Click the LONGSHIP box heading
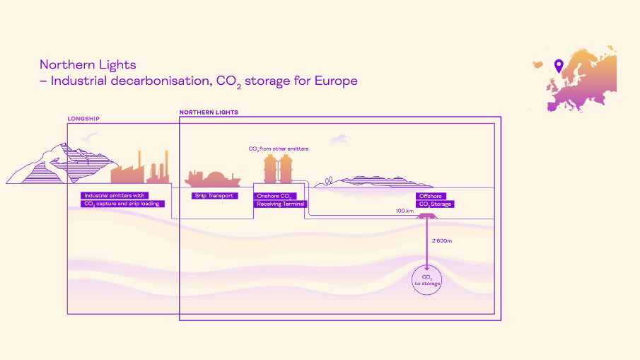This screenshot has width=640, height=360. [83, 119]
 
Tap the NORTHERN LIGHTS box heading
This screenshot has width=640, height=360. [209, 112]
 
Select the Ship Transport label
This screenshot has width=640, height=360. [214, 196]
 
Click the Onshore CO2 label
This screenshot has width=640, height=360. [274, 197]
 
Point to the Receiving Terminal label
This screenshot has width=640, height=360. [281, 204]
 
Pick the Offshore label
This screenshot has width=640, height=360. [431, 197]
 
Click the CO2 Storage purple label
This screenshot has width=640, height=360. [435, 204]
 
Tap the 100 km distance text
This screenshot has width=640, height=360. [405, 211]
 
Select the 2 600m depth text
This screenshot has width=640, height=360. [442, 240]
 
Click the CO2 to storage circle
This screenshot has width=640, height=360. [427, 280]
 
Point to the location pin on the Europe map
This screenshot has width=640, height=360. [559, 66]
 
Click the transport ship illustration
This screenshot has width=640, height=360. [213, 179]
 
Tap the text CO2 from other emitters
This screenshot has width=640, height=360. [279, 149]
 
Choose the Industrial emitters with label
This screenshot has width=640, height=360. [115, 195]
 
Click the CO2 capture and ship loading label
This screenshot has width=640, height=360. [122, 204]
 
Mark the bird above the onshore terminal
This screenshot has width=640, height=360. [339, 139]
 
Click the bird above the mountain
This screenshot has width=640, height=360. [90, 137]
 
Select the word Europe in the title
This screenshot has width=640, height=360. [336, 81]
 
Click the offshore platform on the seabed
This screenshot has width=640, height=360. [426, 216]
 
